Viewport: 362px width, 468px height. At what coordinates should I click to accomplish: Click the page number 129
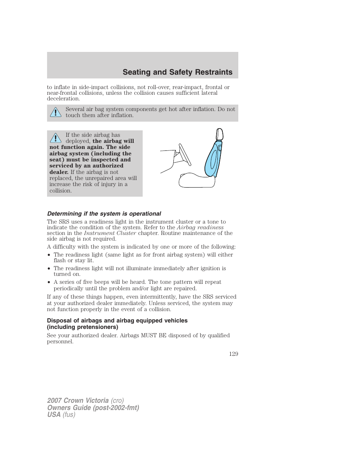[x=234, y=354]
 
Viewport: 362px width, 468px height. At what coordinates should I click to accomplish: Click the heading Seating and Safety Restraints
[x=177, y=72]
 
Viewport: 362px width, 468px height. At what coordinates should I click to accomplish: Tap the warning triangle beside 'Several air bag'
[x=56, y=113]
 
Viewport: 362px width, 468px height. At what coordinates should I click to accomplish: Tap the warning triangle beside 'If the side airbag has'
[x=56, y=138]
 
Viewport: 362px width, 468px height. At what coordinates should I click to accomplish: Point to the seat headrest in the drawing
[x=219, y=135]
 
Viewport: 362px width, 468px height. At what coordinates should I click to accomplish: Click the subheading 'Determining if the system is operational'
[x=104, y=213]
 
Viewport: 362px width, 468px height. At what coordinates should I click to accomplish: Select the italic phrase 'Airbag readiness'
[x=200, y=227]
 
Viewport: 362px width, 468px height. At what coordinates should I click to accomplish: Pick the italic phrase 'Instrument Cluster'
[x=110, y=233]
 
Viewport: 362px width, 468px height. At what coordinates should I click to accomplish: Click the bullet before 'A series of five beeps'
[x=49, y=282]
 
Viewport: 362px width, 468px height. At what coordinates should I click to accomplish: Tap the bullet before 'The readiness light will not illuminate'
[x=49, y=269]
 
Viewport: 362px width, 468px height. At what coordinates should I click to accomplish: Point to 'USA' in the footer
[x=54, y=415]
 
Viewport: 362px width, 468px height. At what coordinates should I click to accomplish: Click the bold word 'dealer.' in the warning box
[x=59, y=172]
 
